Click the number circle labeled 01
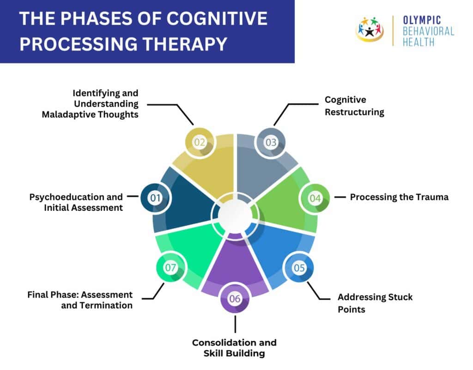155,198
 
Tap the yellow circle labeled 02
200,142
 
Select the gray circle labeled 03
271,142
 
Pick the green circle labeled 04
315,198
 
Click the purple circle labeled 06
235,299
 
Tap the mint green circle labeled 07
171,267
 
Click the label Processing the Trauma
399,197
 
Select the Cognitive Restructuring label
354,106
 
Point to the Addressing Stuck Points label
375,303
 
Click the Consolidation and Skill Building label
234,348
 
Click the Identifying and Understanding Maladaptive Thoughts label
90,104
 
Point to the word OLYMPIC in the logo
422,20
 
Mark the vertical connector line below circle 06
235,324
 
